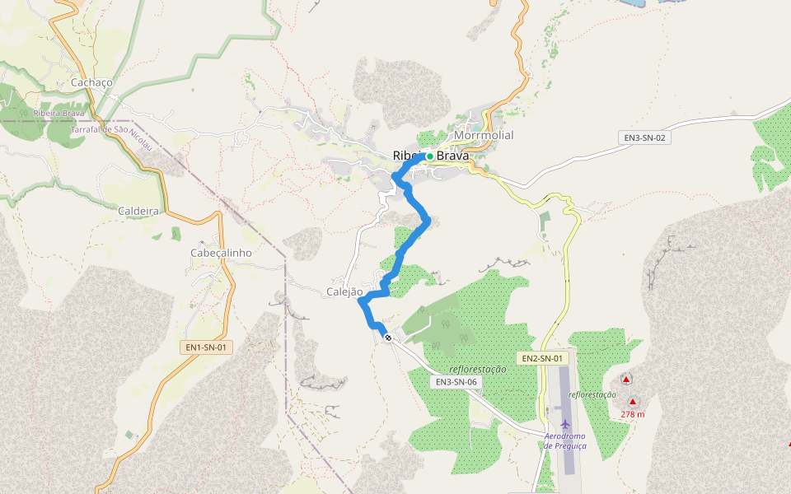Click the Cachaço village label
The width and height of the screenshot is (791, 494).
coord(91,82)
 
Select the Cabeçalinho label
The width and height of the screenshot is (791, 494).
coord(221,253)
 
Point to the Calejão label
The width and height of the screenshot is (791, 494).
coord(344,291)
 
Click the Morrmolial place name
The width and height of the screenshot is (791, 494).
coord(484,135)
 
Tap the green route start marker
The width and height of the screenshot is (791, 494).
coord(430,156)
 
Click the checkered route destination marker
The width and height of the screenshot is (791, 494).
coord(388,338)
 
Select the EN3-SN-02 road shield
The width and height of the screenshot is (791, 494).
coord(644,137)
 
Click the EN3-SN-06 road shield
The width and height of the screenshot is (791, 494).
coord(456,382)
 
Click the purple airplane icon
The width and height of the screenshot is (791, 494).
coord(553,423)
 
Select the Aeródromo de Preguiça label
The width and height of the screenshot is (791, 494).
coord(565,440)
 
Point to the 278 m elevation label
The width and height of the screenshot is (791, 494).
coord(632,414)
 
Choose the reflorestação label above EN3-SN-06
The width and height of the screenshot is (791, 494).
coord(479,370)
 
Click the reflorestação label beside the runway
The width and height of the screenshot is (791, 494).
coord(592,394)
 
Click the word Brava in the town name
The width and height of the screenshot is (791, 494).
coord(452,155)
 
